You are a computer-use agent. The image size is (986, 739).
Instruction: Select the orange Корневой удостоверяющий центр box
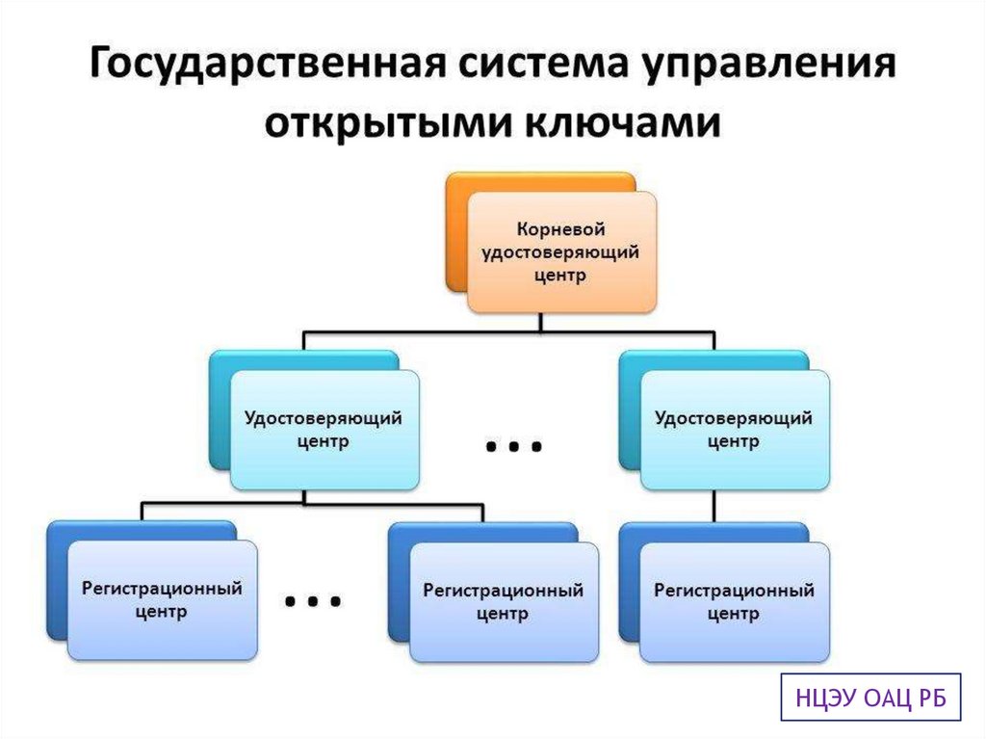(x=560, y=251)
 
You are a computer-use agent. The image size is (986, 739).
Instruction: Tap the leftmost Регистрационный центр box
(x=162, y=599)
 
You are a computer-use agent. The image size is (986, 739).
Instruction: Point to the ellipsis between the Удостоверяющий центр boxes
(x=514, y=446)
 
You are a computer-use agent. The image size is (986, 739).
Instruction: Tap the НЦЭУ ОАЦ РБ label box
(x=869, y=698)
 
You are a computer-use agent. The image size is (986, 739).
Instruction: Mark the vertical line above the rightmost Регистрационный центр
(x=714, y=508)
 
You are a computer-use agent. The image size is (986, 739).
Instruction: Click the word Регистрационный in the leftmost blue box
(x=162, y=588)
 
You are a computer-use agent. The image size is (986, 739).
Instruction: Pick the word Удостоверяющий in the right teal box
(x=734, y=418)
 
